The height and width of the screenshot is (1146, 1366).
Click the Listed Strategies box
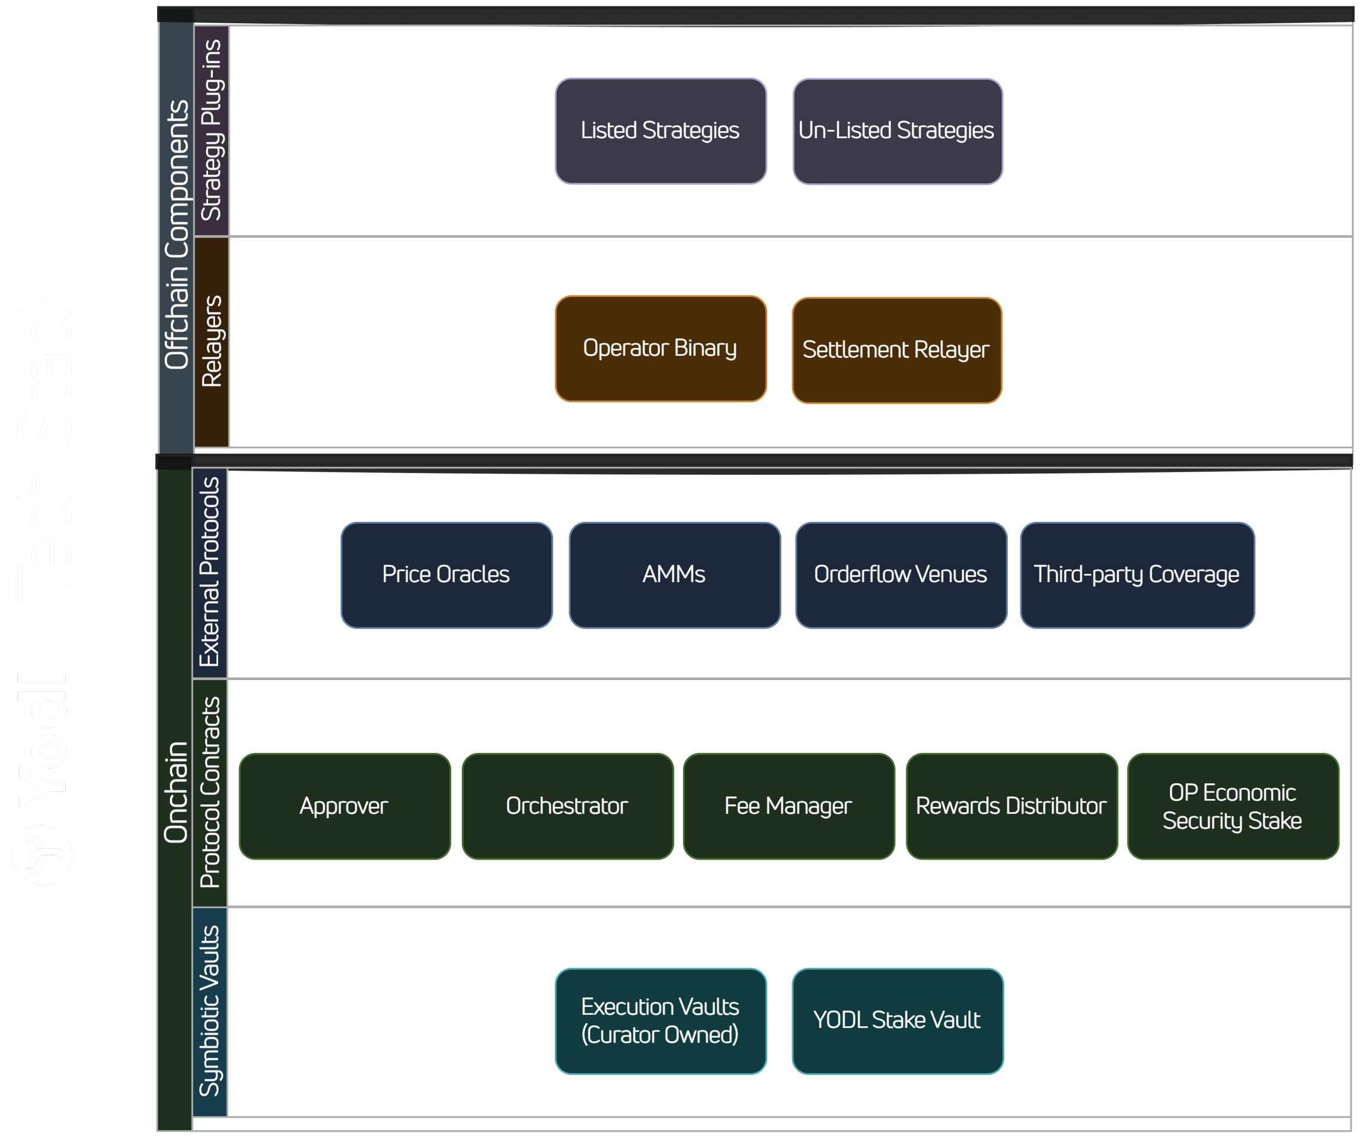tap(660, 131)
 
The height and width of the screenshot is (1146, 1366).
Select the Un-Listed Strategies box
tap(897, 131)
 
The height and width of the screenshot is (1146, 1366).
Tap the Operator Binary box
tap(660, 349)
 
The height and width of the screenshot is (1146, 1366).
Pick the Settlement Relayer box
tap(896, 350)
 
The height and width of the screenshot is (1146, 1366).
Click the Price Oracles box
tap(446, 574)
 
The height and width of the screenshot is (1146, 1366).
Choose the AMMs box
tap(674, 574)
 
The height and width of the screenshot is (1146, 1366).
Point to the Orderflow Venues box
tap(900, 574)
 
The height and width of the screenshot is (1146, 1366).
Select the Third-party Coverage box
tap(1137, 574)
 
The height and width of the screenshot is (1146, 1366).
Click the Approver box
tap(344, 806)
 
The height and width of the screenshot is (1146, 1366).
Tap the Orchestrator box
tap(567, 806)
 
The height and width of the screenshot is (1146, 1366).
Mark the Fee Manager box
tap(789, 806)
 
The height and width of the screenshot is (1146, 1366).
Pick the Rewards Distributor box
tap(1011, 806)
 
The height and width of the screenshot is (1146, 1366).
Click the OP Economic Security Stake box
tap(1233, 806)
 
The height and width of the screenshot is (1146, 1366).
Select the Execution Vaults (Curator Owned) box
tap(660, 1020)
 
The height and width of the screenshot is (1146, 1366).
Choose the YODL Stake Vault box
tap(897, 1020)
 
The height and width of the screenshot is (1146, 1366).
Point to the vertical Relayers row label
tap(212, 341)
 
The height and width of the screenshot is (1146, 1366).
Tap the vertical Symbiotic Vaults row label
tap(210, 1011)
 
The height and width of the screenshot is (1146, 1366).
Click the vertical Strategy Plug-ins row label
tap(212, 130)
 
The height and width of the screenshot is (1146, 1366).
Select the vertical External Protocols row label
tap(210, 572)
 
